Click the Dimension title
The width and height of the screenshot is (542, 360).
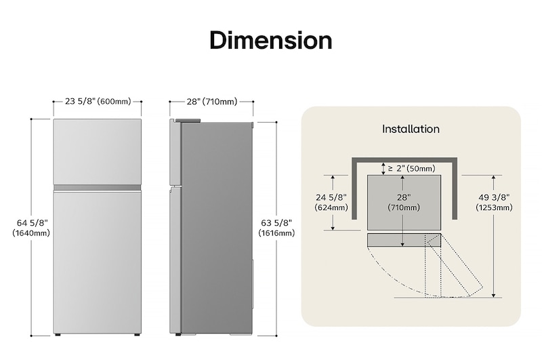[271, 40]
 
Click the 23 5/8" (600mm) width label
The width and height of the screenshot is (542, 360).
[98, 102]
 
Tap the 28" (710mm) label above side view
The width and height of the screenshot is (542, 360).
[211, 102]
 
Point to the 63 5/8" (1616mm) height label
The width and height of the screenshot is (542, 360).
[276, 227]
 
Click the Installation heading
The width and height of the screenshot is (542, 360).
[411, 129]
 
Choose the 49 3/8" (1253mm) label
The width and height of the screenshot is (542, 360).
[493, 202]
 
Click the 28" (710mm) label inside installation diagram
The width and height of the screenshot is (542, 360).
[403, 202]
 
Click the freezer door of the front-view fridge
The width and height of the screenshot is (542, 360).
[98, 151]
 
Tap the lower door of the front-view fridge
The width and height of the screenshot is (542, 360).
[98, 261]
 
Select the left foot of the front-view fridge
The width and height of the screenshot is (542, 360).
[60, 335]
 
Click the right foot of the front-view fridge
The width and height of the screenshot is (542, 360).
[135, 335]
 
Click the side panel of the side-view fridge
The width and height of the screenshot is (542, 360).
[217, 227]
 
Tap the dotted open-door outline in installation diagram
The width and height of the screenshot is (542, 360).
[434, 268]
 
